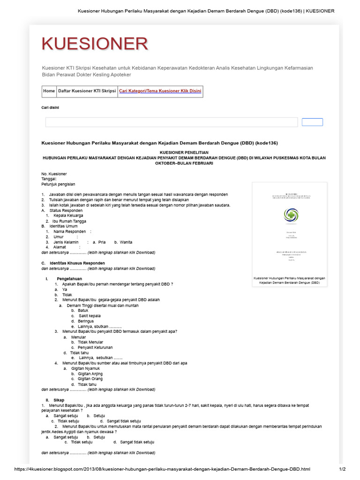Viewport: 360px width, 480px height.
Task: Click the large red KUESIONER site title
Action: pos(95,44)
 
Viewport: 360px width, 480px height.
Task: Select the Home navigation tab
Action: pos(49,91)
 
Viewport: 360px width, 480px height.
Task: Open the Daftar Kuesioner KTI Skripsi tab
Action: pos(86,91)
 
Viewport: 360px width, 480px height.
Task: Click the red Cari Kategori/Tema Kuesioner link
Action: pos(160,91)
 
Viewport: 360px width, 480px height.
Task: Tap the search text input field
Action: pos(171,122)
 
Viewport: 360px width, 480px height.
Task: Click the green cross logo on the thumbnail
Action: pos(290,214)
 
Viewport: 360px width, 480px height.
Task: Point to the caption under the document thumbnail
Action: pos(289,281)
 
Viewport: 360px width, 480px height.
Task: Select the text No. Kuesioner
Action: pos(54,174)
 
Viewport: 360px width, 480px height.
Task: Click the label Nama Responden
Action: pos(69,232)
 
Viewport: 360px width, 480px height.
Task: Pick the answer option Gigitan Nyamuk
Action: pos(85,368)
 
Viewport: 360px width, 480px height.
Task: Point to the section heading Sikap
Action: pos(58,400)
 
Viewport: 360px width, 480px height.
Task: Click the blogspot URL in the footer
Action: pos(162,469)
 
